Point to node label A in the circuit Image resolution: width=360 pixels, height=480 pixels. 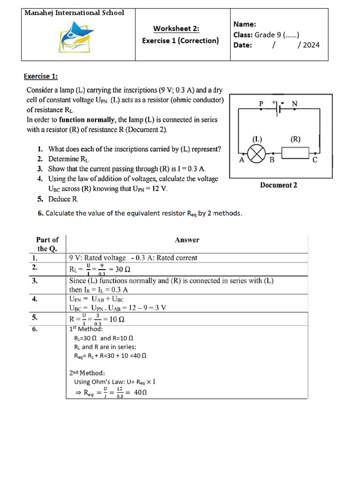[x=242, y=160]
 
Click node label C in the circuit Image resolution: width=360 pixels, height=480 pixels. [x=315, y=160]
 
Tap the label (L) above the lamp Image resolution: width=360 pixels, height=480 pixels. [x=257, y=139]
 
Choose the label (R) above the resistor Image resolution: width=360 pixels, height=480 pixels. [x=295, y=139]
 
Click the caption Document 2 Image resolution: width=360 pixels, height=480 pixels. [x=278, y=185]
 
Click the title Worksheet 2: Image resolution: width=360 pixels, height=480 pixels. [x=176, y=29]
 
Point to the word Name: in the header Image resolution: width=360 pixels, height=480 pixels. [x=245, y=24]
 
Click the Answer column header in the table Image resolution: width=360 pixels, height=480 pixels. [x=187, y=240]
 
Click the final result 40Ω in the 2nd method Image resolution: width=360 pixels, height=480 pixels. [x=141, y=393]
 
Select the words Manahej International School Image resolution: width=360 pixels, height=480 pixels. [x=75, y=13]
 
